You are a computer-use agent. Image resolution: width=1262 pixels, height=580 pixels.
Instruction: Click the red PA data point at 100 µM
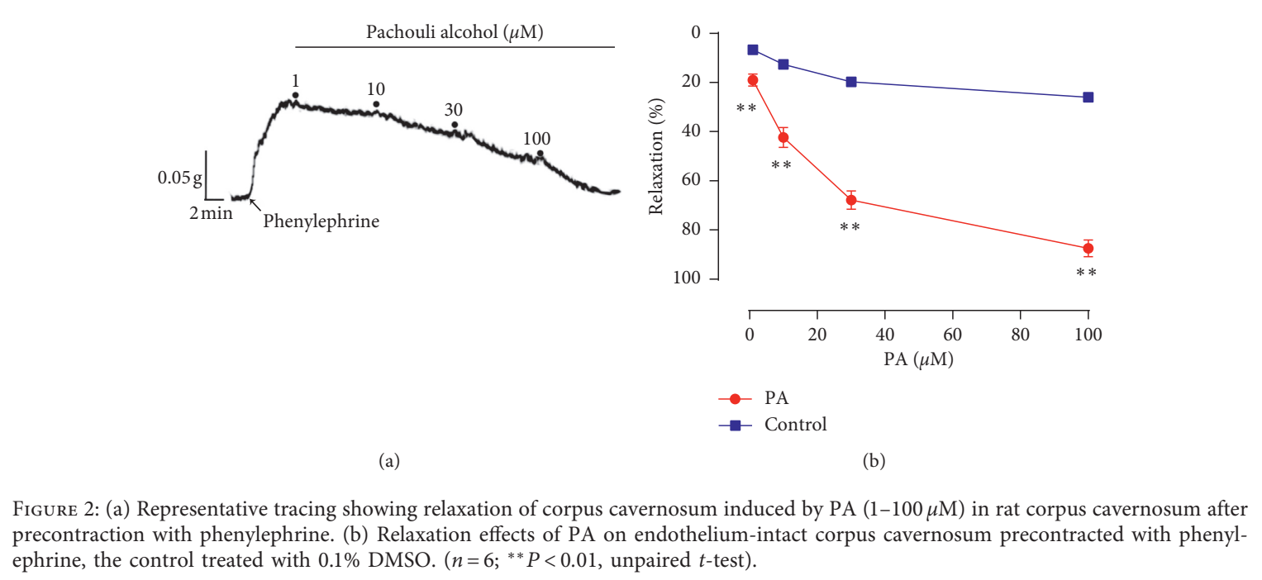point(1088,249)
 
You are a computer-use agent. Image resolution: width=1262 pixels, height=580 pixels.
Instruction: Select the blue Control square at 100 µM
point(1088,97)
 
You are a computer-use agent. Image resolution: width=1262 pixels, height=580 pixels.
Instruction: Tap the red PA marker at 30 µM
point(851,200)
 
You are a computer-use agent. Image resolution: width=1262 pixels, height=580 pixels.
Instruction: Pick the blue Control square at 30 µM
point(851,82)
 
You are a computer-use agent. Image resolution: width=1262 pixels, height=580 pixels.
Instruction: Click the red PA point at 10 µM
point(783,137)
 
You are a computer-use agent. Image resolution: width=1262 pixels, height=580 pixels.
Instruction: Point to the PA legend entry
point(754,398)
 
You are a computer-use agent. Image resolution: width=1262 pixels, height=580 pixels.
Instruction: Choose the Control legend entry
point(773,425)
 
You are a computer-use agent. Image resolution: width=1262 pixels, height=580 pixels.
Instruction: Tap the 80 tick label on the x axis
point(1021,335)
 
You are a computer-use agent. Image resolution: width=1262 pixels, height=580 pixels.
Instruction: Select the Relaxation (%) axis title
point(656,156)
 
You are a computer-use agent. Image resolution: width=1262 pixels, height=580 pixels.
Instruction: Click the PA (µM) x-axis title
point(918,359)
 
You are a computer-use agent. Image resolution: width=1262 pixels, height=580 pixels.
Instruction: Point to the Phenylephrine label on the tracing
point(321,221)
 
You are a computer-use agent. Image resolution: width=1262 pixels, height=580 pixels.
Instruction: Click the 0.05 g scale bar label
point(179,178)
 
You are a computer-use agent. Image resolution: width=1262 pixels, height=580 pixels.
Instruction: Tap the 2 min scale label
point(211,213)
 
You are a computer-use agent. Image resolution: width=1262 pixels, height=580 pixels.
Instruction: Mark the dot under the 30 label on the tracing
point(455,125)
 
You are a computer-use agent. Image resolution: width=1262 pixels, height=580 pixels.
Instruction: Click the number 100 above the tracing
point(536,139)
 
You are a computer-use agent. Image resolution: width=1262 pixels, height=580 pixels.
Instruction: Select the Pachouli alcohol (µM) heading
point(455,32)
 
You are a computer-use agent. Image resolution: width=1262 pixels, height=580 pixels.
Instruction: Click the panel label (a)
point(388,461)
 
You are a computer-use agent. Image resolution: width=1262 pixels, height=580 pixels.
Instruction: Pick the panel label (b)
point(874,461)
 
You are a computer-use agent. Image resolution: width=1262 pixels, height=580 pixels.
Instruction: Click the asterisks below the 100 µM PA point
point(1086,273)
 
